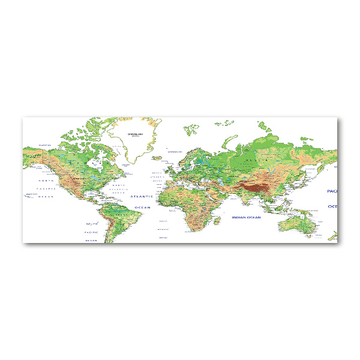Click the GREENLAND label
coord(136,134)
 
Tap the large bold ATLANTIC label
coord(143,196)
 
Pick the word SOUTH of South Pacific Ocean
coord(92,224)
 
